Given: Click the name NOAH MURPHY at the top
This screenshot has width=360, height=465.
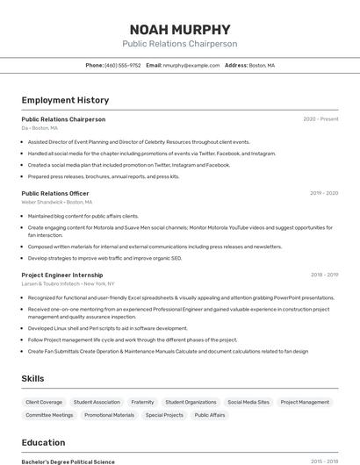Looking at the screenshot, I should [179, 28].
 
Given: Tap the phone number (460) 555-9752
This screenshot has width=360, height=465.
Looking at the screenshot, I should [122, 65].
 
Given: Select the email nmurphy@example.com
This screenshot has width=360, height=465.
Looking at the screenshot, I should [191, 65].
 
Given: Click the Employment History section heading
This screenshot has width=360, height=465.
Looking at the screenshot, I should [65, 100].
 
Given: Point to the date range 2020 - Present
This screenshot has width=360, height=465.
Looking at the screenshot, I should [320, 118].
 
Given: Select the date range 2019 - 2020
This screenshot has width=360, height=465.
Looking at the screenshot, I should [324, 193].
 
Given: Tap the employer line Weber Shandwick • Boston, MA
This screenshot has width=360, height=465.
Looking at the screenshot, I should [57, 202].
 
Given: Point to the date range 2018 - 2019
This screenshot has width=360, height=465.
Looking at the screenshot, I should [324, 275].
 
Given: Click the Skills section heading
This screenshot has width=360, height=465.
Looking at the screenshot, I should [33, 378].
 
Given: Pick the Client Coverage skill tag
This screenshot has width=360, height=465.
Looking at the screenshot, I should [44, 402].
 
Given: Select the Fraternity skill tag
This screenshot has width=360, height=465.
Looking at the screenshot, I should [142, 402].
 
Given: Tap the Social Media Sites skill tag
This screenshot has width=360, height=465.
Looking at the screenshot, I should [248, 402].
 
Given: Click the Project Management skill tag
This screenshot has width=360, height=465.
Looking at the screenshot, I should [305, 402].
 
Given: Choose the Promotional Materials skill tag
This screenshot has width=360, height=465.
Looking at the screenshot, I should [110, 415].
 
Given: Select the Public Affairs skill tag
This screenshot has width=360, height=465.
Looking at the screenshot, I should [210, 415].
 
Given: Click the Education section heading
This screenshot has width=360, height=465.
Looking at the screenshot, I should [44, 442].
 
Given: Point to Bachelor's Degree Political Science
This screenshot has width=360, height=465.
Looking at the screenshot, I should [68, 461].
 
